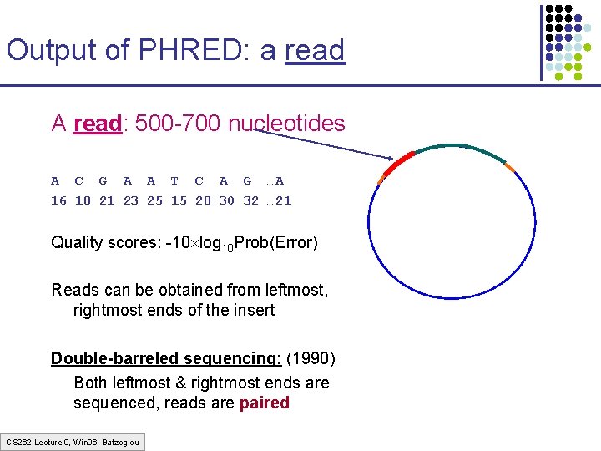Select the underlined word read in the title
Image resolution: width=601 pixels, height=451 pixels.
[314, 50]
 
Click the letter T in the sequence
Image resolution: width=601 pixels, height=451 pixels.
[174, 180]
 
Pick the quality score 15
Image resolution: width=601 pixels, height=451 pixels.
[179, 200]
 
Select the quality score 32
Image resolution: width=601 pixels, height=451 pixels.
[250, 200]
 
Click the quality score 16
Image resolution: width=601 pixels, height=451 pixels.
[58, 200]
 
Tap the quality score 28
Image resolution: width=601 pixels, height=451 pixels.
[203, 200]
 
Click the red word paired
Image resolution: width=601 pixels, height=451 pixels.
[264, 403]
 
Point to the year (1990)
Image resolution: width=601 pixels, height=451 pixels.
[311, 358]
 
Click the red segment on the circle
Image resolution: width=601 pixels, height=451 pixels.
[397, 162]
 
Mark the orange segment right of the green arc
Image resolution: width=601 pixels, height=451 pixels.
[510, 169]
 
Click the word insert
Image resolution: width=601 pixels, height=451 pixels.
[251, 310]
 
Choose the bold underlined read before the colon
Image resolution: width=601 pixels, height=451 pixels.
[97, 124]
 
